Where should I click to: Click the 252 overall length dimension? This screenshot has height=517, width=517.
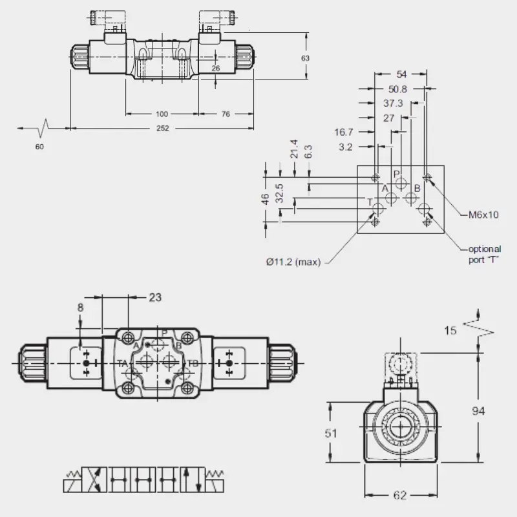pos(163,128)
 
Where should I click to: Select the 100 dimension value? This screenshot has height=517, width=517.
pos(162,114)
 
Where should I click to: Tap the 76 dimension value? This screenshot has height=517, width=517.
pos(226,114)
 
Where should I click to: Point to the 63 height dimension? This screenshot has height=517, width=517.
pos(305,58)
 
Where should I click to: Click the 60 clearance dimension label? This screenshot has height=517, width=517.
pos(39,147)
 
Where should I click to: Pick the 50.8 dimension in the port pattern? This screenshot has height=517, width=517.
pos(397,89)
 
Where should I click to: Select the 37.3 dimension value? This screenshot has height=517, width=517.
pos(393,103)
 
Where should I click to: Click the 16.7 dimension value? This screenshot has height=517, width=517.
pos(344,132)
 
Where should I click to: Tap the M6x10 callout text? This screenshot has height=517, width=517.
pos(483,215)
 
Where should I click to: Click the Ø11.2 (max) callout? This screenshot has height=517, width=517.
pos(293,262)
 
